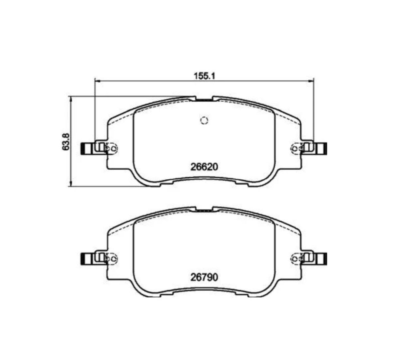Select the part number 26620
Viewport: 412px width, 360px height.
pos(204,166)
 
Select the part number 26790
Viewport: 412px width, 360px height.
pos(204,277)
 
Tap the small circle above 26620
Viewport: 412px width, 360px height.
pos(204,120)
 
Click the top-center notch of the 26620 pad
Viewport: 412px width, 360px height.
pos(204,99)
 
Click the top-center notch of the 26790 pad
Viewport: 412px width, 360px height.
pos(204,209)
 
